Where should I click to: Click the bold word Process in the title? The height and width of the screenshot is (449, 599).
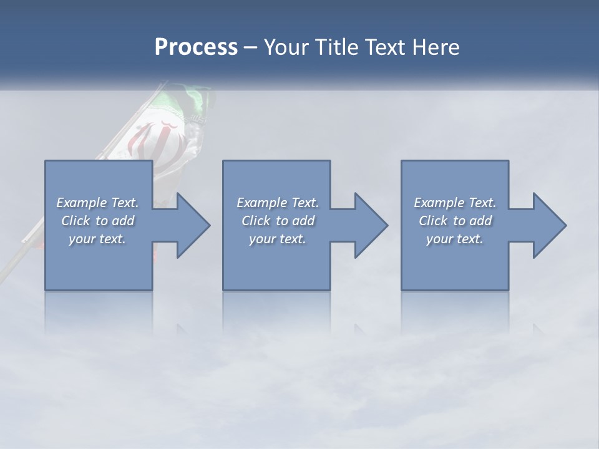tap(196, 47)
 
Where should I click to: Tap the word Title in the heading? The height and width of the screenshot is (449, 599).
tap(330, 47)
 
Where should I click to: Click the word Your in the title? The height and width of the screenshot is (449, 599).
tap(285, 47)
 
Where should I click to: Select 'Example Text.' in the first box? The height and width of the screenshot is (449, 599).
tap(97, 203)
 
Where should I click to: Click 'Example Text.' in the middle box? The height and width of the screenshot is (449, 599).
tap(278, 203)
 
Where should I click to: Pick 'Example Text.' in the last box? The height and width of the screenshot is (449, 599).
tap(455, 203)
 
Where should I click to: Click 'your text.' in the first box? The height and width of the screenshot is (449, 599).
tap(97, 239)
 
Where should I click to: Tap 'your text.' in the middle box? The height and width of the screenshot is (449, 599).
tap(278, 239)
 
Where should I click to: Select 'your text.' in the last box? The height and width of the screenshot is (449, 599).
tap(455, 239)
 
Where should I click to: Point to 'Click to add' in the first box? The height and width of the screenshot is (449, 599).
tap(97, 221)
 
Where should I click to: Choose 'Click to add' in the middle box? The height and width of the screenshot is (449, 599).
tap(278, 221)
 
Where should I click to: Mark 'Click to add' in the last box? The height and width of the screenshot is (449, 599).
tap(455, 221)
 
